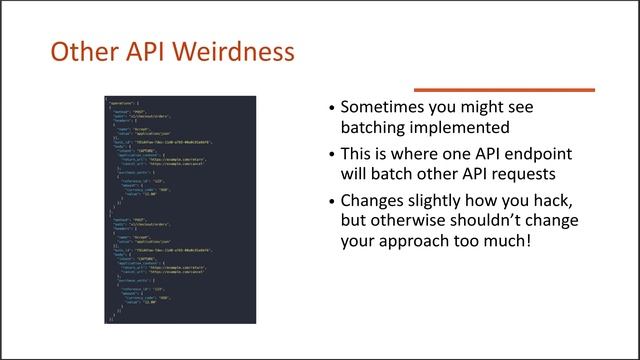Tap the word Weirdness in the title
point(240,51)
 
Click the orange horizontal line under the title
point(504,90)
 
